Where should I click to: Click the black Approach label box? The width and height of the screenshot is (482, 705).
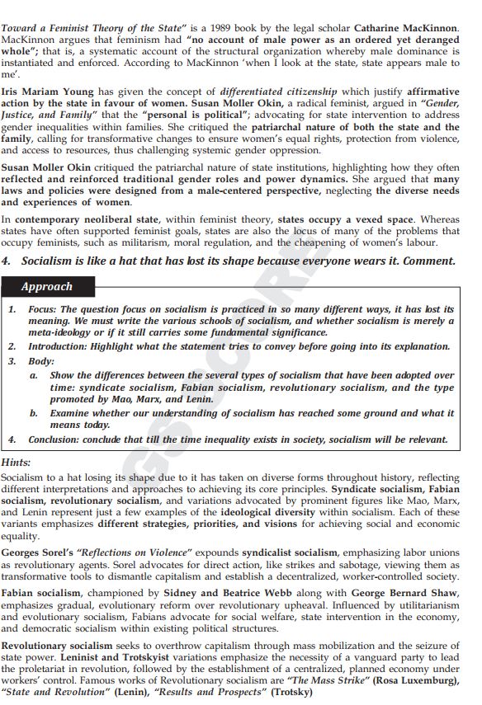(48, 286)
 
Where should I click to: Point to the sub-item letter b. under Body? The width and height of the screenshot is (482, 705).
(35, 412)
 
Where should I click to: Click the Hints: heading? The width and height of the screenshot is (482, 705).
(17, 463)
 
